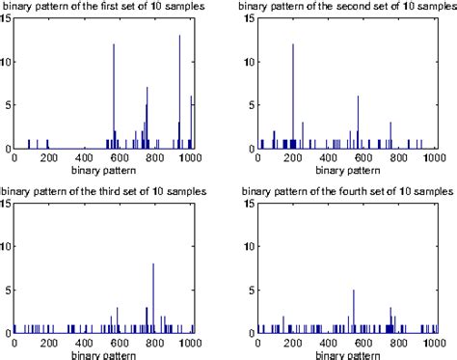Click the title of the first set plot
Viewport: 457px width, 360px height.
click(x=107, y=6)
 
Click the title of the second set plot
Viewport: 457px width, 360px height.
click(x=343, y=6)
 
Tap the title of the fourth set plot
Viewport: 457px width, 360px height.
click(x=343, y=191)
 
